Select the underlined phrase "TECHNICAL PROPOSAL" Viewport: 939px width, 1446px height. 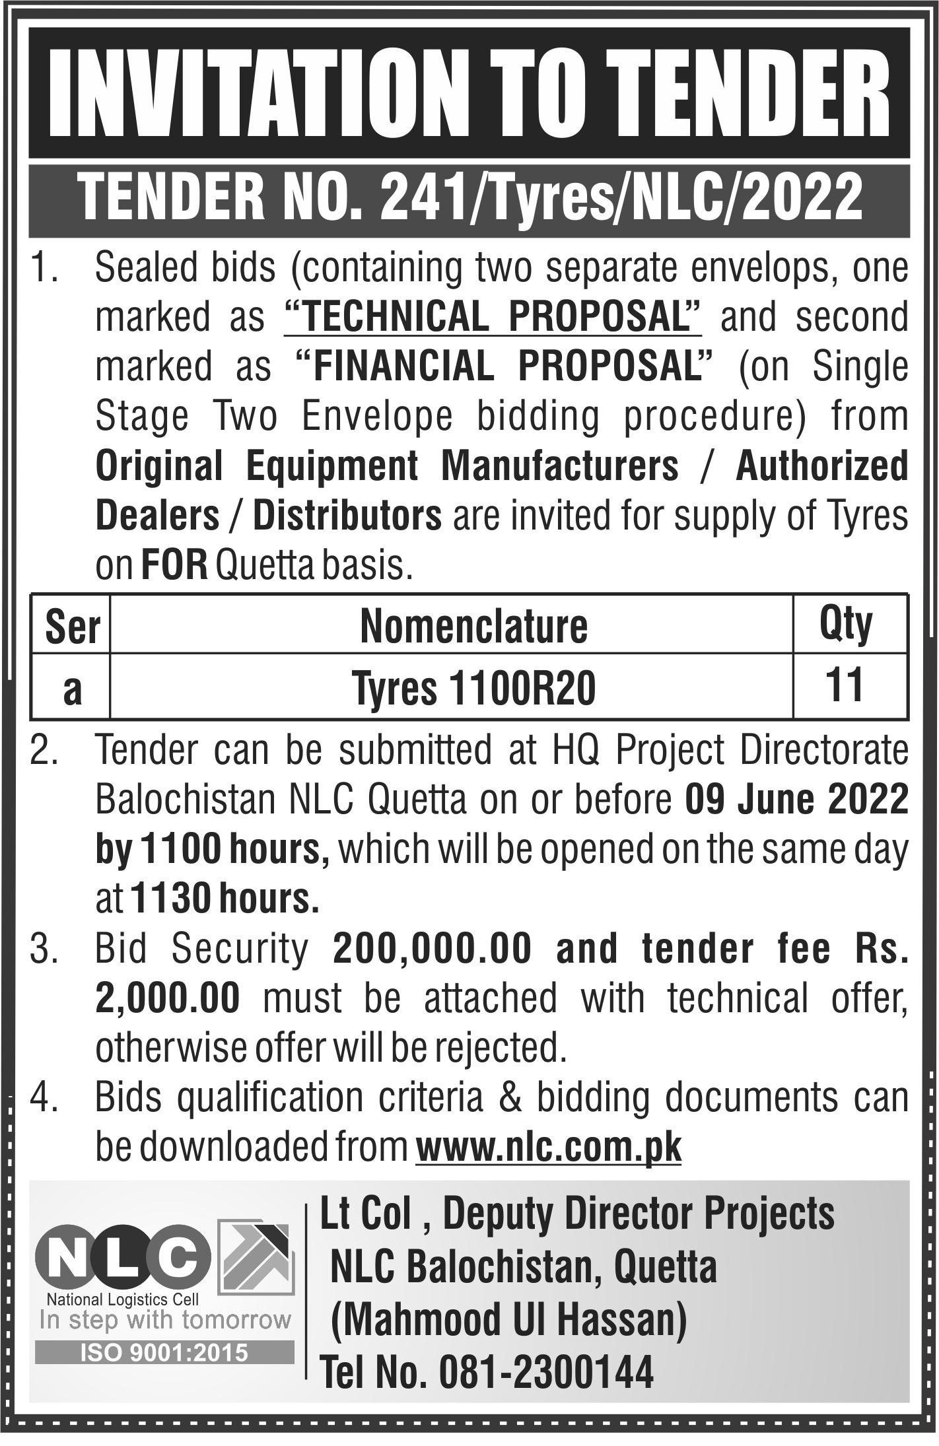coord(492,318)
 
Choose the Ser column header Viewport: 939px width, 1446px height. coord(72,627)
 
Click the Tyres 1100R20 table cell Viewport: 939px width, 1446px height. coord(473,689)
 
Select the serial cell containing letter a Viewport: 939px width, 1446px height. coord(71,689)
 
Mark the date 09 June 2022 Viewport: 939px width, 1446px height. coord(796,800)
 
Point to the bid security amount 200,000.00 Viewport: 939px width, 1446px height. coord(433,949)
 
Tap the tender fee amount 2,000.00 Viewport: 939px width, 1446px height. coord(168,998)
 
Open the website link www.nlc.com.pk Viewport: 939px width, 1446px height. coord(548,1148)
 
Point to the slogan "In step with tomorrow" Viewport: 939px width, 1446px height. coord(164,1319)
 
